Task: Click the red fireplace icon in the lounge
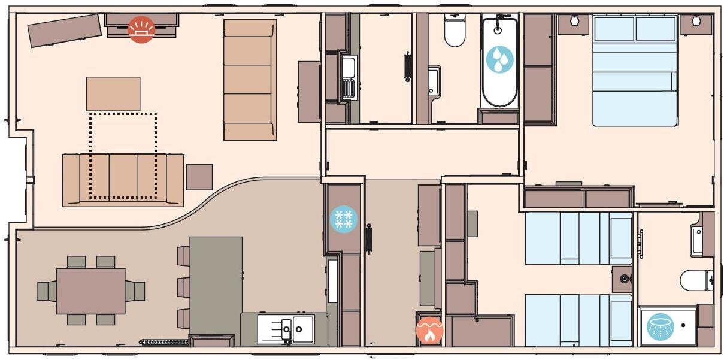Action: click(x=141, y=29)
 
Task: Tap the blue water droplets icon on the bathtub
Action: click(x=499, y=59)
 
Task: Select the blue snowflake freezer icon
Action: click(x=343, y=219)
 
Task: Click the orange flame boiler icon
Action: click(x=429, y=330)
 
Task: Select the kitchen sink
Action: click(x=286, y=329)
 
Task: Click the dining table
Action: click(x=91, y=291)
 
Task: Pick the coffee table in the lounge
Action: click(x=113, y=93)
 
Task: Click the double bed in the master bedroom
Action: click(x=635, y=71)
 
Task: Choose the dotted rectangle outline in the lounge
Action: click(x=123, y=155)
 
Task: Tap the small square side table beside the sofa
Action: click(x=199, y=177)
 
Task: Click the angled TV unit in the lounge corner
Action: click(x=65, y=30)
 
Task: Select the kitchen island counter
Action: click(x=216, y=285)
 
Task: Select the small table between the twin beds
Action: click(x=623, y=279)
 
